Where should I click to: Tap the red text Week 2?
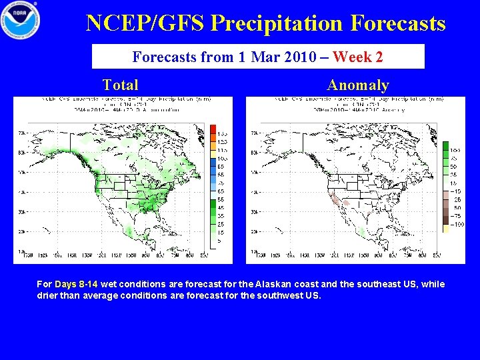pyautogui.click(x=357, y=57)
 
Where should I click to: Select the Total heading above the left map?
pyautogui.click(x=121, y=85)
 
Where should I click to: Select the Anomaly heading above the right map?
pyautogui.click(x=357, y=85)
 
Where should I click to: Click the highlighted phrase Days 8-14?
pyautogui.click(x=76, y=284)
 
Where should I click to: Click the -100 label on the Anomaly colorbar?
pyautogui.click(x=457, y=225)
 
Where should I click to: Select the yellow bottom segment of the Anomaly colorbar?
pyautogui.click(x=445, y=228)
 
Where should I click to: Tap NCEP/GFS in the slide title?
pyautogui.click(x=146, y=23)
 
